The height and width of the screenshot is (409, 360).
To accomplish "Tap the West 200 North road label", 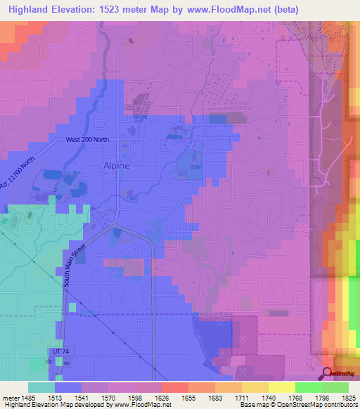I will click(x=87, y=140).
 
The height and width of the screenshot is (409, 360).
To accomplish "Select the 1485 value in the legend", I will click(x=28, y=398).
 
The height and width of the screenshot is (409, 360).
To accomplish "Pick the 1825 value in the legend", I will click(x=348, y=398).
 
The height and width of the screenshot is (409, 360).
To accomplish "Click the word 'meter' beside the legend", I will click(x=10, y=398).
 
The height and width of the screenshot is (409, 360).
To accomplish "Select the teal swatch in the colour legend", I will click(x=41, y=387).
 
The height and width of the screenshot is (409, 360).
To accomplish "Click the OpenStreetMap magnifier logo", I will click(x=327, y=373).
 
